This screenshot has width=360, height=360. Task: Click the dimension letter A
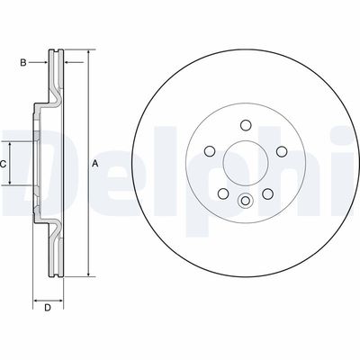pyautogui.click(x=95, y=163)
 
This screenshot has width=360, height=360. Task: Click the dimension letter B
pyautogui.click(x=24, y=62)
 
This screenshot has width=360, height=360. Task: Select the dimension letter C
pyautogui.click(x=4, y=163)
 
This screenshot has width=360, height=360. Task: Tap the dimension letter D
pyautogui.click(x=48, y=309)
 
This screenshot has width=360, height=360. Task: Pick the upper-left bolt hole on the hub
pyautogui.click(x=208, y=151)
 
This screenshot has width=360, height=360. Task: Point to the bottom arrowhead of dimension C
pyautogui.click(x=11, y=182)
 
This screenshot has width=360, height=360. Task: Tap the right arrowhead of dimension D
pyautogui.click(x=63, y=300)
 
